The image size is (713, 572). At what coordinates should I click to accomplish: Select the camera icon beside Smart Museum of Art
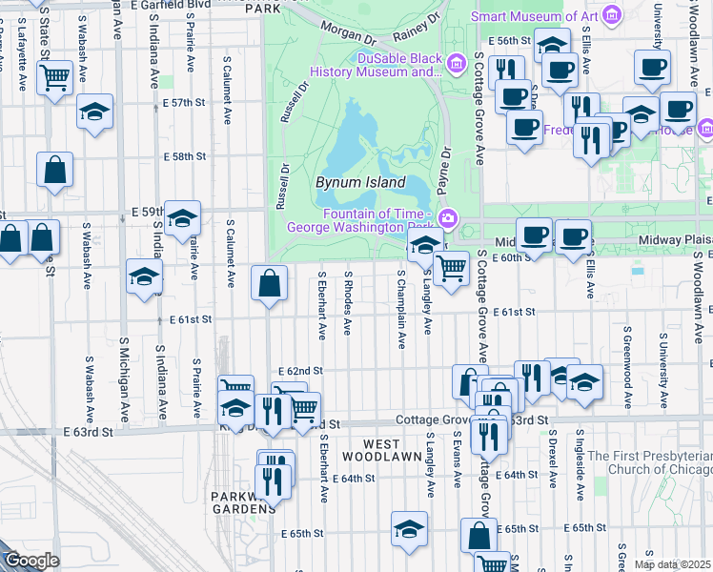(x=612, y=14)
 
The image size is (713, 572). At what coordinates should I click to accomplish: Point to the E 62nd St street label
(x=301, y=371)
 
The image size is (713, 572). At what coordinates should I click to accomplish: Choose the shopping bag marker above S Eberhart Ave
(x=270, y=282)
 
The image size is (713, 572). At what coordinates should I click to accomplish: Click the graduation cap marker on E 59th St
(x=181, y=218)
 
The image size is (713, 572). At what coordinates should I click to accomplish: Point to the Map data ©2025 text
(x=672, y=564)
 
